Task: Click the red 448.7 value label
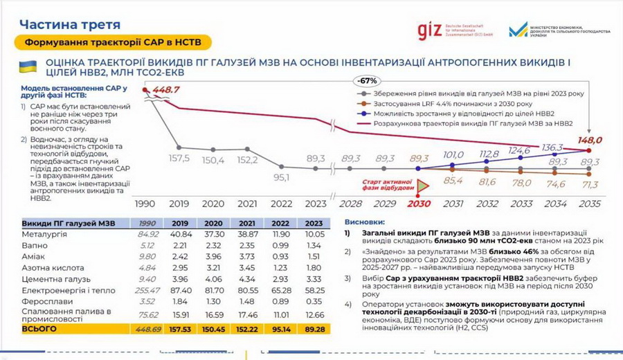(166, 89)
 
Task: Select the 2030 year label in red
(418, 204)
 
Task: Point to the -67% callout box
(368, 80)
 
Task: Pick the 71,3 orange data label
(590, 185)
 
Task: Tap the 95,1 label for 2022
(281, 177)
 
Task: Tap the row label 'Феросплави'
(45, 302)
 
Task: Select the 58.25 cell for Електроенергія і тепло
(314, 291)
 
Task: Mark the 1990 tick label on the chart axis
(145, 204)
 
